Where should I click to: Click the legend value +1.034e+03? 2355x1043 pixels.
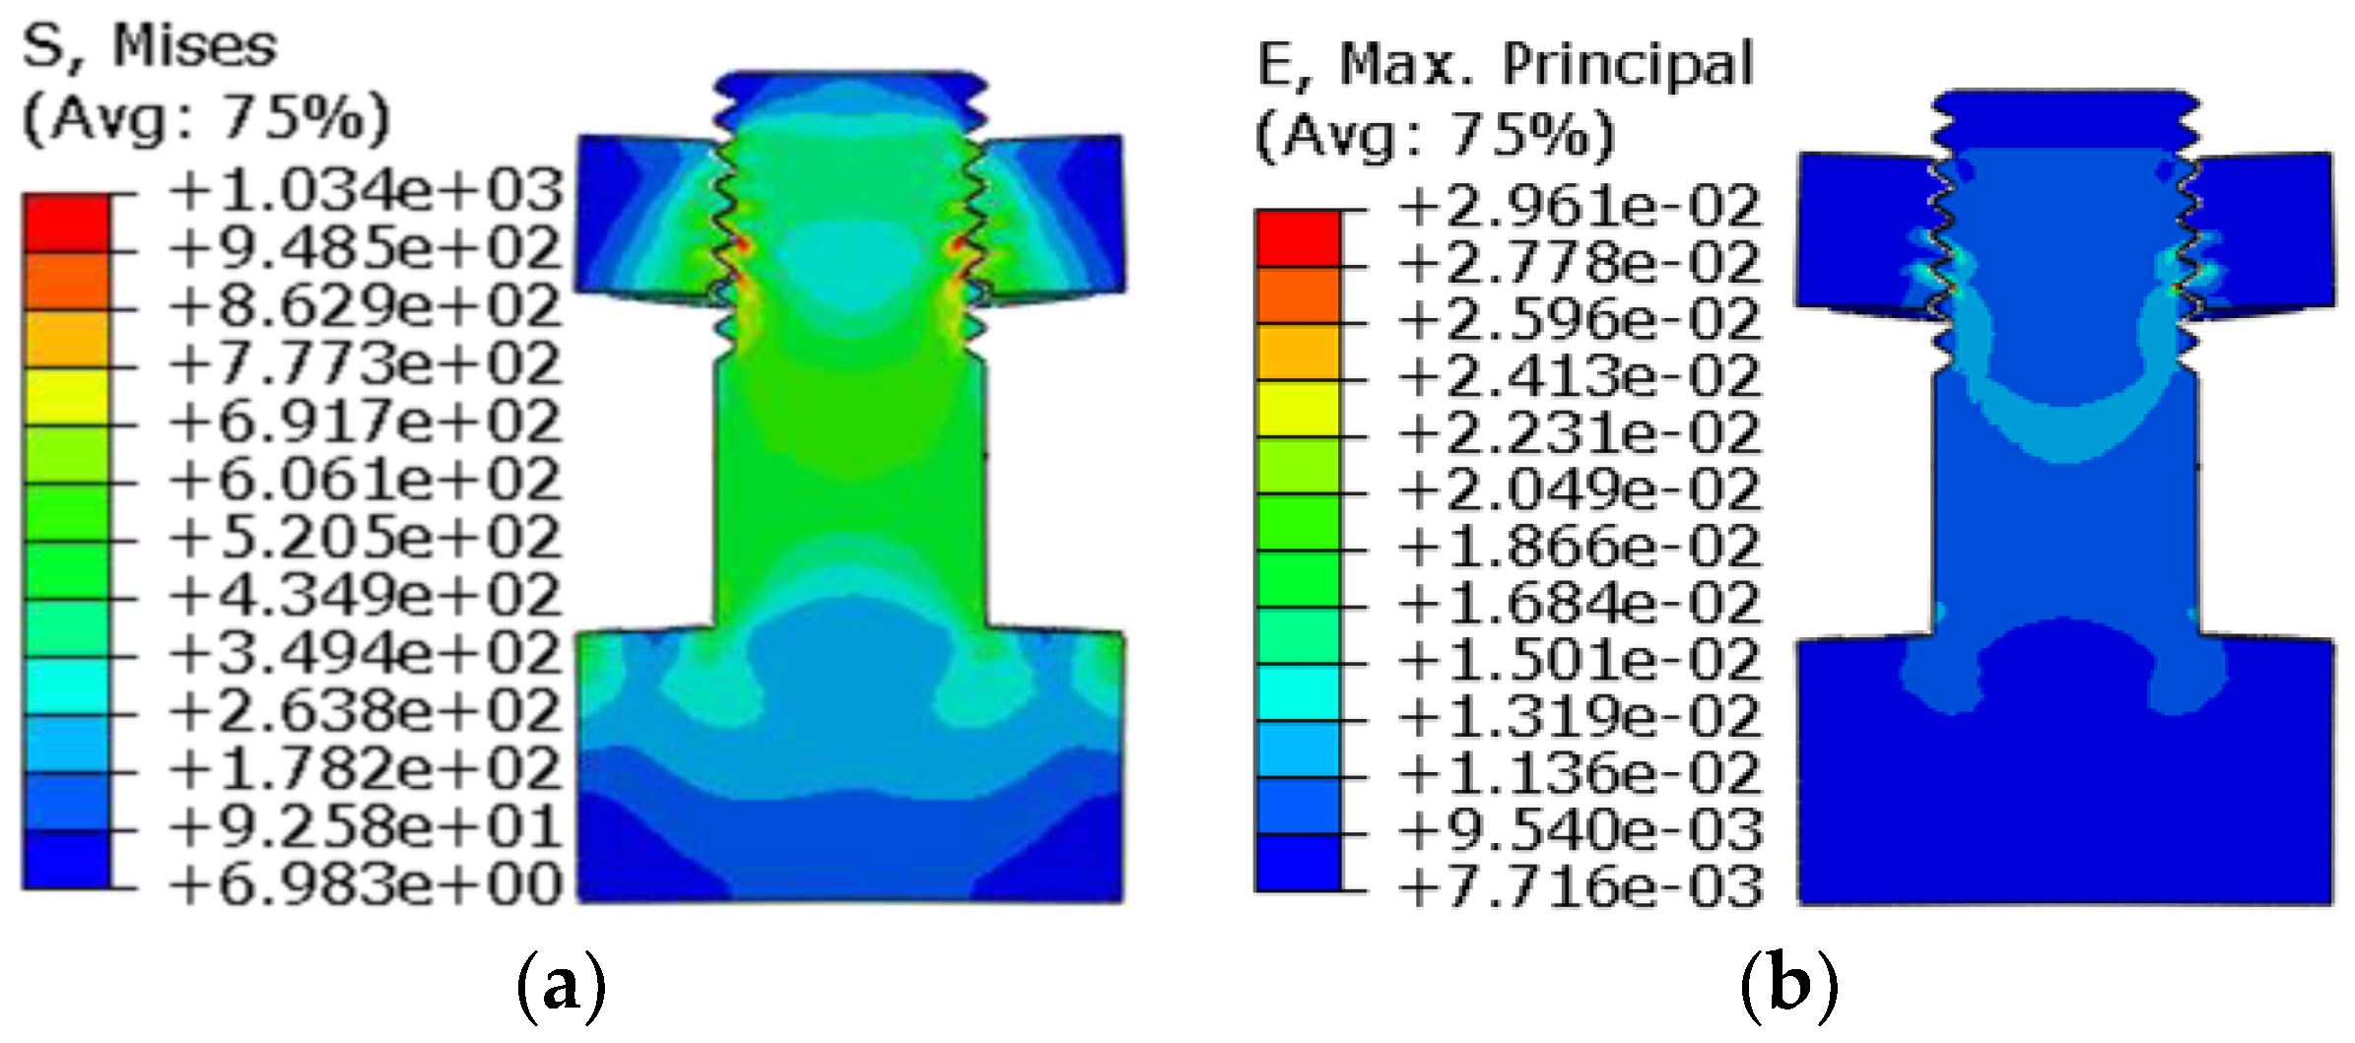(x=365, y=190)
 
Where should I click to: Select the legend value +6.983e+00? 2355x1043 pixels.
(x=365, y=883)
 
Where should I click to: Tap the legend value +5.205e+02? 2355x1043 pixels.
(x=365, y=537)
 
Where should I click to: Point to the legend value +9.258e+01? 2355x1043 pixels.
(x=365, y=825)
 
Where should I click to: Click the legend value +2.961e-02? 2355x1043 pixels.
(x=1579, y=206)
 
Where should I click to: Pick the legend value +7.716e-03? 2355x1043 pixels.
(x=1579, y=886)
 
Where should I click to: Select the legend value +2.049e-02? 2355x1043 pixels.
(x=1579, y=489)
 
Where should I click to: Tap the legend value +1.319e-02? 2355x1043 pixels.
(x=1579, y=716)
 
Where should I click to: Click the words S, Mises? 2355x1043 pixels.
(x=150, y=46)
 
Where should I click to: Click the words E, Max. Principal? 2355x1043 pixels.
(x=1506, y=65)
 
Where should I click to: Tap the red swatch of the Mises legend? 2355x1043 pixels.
(x=66, y=223)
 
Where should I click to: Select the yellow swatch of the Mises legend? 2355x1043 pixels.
(x=66, y=397)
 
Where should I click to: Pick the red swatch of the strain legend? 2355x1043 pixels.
(x=1298, y=237)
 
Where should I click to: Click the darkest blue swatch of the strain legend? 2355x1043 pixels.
(x=1298, y=862)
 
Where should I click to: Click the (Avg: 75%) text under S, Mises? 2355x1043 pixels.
(x=205, y=118)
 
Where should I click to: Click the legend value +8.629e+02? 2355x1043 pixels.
(x=365, y=305)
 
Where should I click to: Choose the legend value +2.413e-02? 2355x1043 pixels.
(x=1579, y=376)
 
